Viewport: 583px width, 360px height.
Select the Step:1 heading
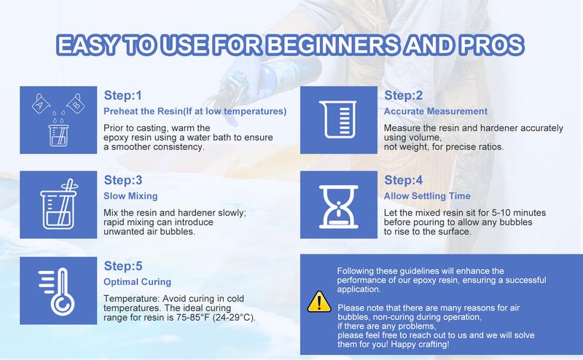point(122,95)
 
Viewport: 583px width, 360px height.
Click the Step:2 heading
point(404,95)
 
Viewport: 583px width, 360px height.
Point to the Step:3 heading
point(123,181)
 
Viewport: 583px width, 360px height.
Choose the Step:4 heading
point(404,181)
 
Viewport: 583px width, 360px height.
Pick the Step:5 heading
point(123,266)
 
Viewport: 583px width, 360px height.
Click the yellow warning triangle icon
point(319,302)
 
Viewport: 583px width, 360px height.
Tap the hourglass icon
point(339,206)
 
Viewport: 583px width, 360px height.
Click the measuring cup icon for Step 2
point(337,119)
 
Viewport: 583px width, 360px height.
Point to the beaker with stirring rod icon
point(59,206)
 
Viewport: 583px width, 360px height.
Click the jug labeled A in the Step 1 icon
point(41,103)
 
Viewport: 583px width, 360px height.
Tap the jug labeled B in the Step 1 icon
point(76,103)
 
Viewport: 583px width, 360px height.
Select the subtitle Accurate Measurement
point(435,111)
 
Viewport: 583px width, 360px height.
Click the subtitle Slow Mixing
point(130,196)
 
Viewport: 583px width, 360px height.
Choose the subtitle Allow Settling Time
point(427,196)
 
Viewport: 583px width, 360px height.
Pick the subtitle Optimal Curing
point(137,282)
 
